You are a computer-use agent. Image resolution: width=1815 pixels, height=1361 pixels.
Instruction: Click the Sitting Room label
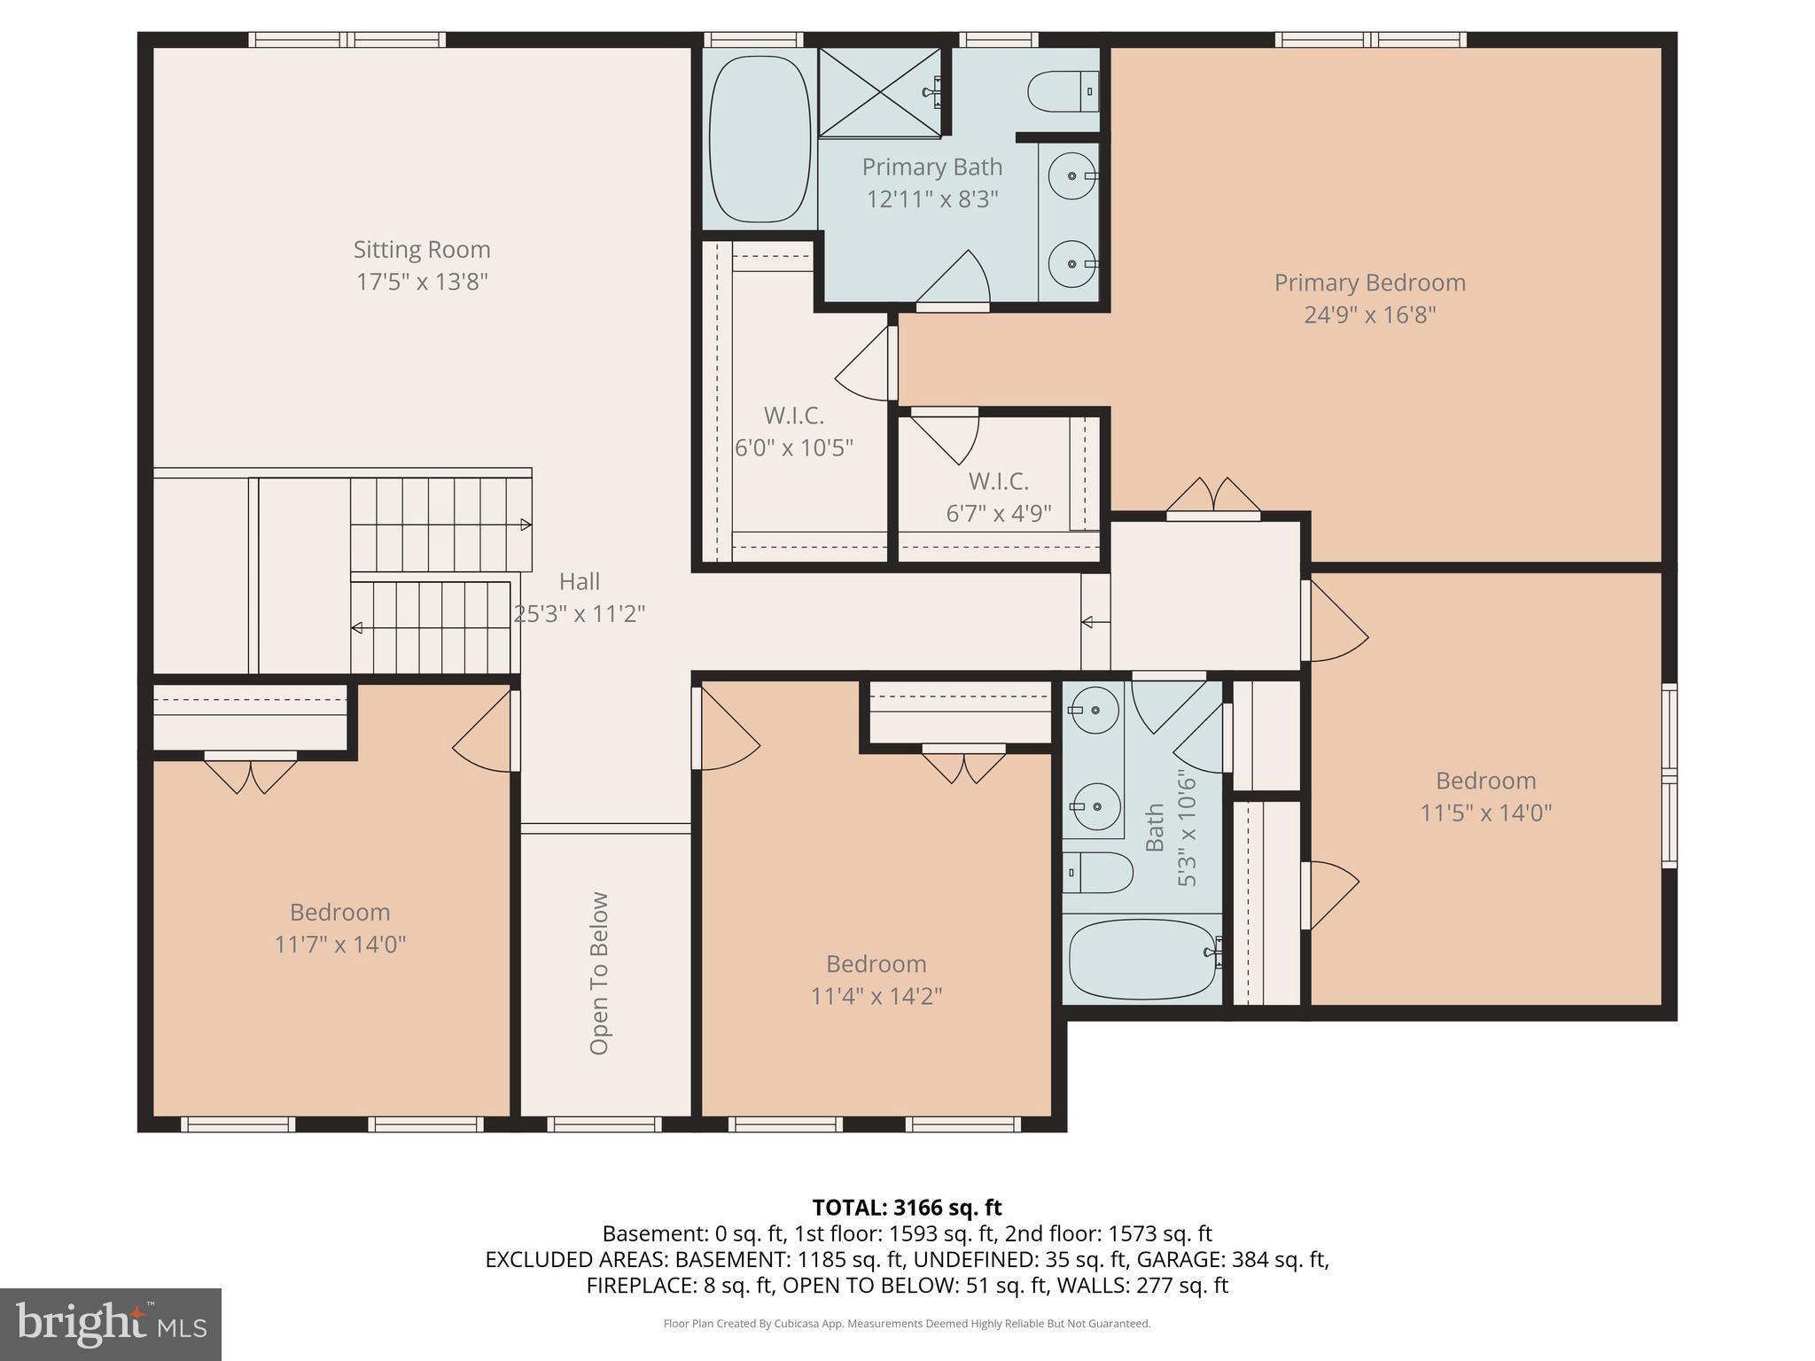pyautogui.click(x=422, y=250)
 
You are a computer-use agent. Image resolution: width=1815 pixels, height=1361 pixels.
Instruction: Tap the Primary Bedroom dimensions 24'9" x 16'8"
pyautogui.click(x=1369, y=315)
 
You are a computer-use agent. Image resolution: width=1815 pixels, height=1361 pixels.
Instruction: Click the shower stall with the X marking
pyautogui.click(x=878, y=92)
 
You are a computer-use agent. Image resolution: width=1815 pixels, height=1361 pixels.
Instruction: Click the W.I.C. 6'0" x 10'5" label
pyautogui.click(x=793, y=431)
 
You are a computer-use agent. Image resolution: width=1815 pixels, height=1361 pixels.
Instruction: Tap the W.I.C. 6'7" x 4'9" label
pyautogui.click(x=998, y=497)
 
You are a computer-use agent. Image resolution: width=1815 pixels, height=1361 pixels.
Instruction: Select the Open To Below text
pyautogui.click(x=600, y=973)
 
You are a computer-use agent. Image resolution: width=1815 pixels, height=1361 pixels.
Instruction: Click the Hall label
pyautogui.click(x=579, y=581)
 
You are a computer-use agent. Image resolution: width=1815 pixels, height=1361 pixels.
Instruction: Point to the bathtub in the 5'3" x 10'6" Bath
pyautogui.click(x=1142, y=960)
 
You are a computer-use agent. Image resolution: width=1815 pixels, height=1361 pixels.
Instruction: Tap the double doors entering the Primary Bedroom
pyautogui.click(x=1213, y=498)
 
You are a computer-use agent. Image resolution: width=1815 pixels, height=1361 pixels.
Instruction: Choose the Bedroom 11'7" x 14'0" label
pyautogui.click(x=339, y=928)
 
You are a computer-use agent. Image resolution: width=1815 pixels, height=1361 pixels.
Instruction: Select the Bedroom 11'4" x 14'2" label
pyautogui.click(x=876, y=979)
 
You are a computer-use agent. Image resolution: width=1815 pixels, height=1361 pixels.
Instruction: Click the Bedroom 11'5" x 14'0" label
pyautogui.click(x=1485, y=796)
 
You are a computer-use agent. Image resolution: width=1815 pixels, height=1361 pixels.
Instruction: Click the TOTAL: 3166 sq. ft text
pyautogui.click(x=907, y=1207)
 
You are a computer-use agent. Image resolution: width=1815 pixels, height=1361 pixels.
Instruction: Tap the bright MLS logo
pyautogui.click(x=110, y=1324)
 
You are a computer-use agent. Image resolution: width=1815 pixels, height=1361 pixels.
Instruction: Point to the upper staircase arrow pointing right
pyautogui.click(x=525, y=525)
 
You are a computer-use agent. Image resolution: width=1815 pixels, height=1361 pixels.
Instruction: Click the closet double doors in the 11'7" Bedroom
pyautogui.click(x=251, y=773)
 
